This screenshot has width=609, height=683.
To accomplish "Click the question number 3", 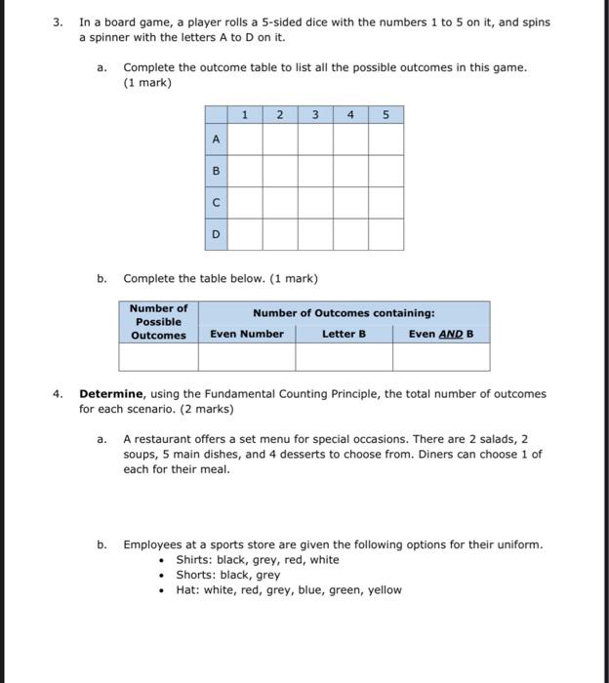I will point(58,22).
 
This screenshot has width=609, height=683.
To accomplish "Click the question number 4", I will point(58,394).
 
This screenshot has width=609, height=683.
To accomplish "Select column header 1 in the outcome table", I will point(244,115).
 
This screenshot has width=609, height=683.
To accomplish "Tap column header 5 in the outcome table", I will point(386,115).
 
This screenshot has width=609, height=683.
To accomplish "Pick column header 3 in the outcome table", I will point(314,115).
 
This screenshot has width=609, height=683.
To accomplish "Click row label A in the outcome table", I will point(216,140).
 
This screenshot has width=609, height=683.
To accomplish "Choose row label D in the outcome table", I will point(216,234).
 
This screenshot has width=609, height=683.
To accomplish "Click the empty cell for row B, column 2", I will point(279,171).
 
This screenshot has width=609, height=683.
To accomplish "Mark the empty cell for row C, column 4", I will point(350,203).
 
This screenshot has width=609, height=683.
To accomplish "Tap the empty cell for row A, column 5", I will point(386,140).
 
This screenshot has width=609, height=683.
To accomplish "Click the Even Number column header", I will point(247,334).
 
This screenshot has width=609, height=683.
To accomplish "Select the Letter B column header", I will point(344,334).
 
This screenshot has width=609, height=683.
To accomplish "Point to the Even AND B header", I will point(440,334).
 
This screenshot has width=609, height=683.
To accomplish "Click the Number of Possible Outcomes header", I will point(158,322).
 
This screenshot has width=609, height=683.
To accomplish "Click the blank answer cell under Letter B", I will point(344,357).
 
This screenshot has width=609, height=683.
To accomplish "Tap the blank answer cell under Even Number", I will point(247,357).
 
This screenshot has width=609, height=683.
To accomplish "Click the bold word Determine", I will point(111,394).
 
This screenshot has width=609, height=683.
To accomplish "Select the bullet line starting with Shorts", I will point(227,575).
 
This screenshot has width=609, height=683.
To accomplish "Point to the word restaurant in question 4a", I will point(161,439).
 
